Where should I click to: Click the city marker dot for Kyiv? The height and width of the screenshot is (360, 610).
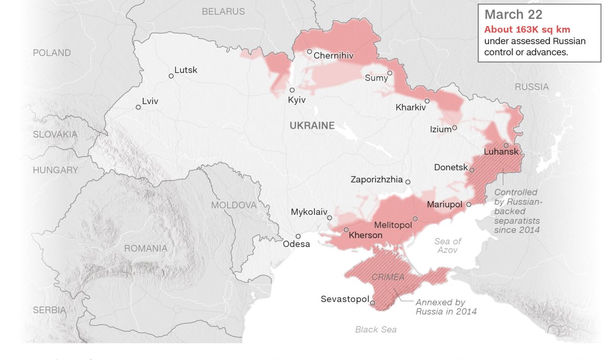tap(292, 90)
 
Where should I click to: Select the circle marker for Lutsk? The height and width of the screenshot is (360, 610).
tap(171, 76)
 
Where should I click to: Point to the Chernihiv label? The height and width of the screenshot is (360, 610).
tap(333, 55)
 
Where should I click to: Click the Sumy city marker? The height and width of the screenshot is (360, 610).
tap(390, 73)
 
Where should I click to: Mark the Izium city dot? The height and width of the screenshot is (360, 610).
tap(454, 127)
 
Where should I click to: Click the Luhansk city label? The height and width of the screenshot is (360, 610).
tap(500, 152)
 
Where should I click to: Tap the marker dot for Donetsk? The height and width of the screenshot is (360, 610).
tap(472, 170)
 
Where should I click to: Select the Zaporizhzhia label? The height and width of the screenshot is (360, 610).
tap(376, 180)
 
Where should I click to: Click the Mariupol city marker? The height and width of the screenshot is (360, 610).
tap(469, 204)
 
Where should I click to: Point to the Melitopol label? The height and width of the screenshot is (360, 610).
tap(393, 225)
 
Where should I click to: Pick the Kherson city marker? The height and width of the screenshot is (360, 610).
tap(346, 230)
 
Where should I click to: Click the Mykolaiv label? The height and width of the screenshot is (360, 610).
tap(308, 212)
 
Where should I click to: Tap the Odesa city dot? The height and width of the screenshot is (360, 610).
tap(298, 236)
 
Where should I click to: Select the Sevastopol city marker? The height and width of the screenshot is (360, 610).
tap(372, 302)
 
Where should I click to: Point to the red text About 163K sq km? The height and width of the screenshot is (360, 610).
tap(527, 29)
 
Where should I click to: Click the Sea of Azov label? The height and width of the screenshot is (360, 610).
tap(448, 245)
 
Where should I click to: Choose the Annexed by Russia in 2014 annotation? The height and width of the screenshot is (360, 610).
tap(446, 307)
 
